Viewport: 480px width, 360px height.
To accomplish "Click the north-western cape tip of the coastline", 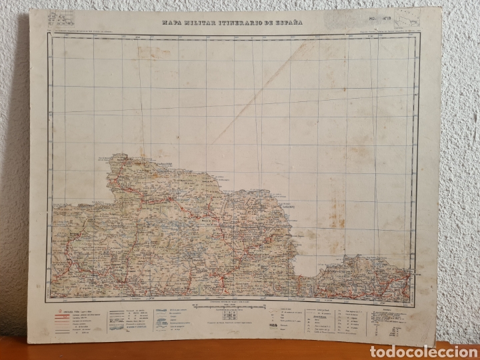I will (x=111, y=159).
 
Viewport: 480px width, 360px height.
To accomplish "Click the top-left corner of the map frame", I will (x=49, y=35).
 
